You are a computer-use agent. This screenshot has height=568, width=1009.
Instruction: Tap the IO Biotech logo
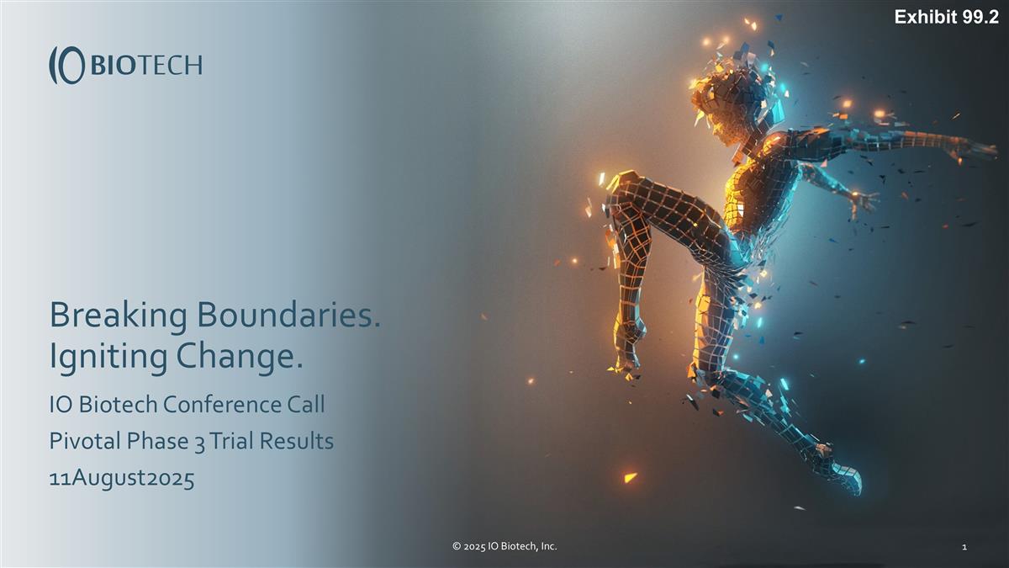point(125,65)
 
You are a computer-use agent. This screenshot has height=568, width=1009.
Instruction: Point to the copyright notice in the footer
point(504,547)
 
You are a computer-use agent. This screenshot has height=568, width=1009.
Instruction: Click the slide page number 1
point(964,548)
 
